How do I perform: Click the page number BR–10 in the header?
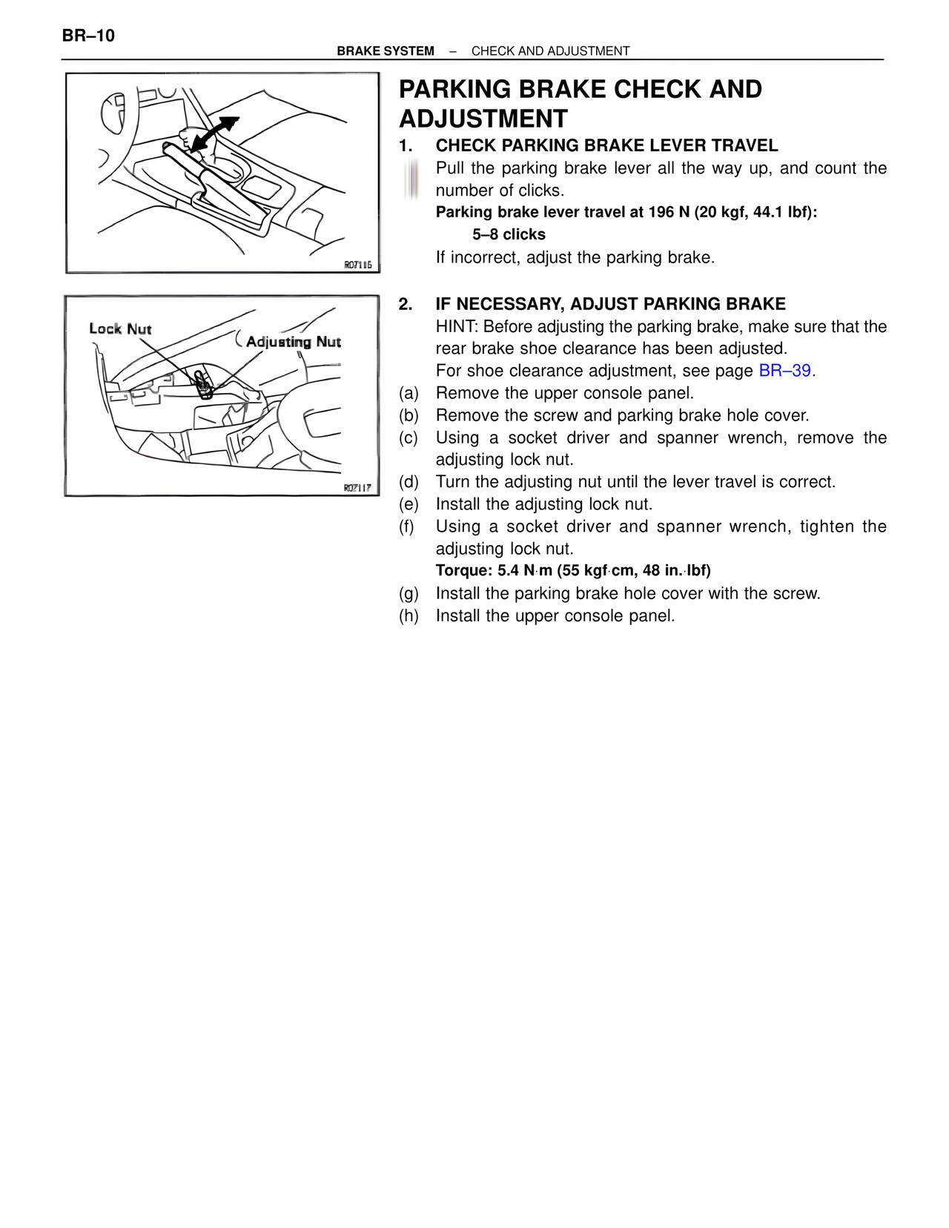pyautogui.click(x=88, y=36)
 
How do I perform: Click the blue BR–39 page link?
pyautogui.click(x=784, y=371)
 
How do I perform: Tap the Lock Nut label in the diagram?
pyautogui.click(x=120, y=329)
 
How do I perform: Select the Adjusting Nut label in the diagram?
pyautogui.click(x=294, y=342)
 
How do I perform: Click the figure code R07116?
pyautogui.click(x=357, y=265)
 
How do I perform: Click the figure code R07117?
pyautogui.click(x=357, y=488)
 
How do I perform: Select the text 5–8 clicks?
pyautogui.click(x=509, y=235)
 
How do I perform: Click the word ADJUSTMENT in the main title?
pyautogui.click(x=483, y=119)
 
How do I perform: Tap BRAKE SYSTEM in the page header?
pyautogui.click(x=386, y=51)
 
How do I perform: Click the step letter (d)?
pyautogui.click(x=409, y=482)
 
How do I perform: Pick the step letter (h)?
pyautogui.click(x=409, y=616)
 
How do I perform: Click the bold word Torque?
pyautogui.click(x=464, y=571)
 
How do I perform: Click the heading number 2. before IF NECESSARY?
pyautogui.click(x=405, y=304)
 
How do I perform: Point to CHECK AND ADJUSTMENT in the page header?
pyautogui.click(x=550, y=51)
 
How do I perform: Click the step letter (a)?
pyautogui.click(x=409, y=393)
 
